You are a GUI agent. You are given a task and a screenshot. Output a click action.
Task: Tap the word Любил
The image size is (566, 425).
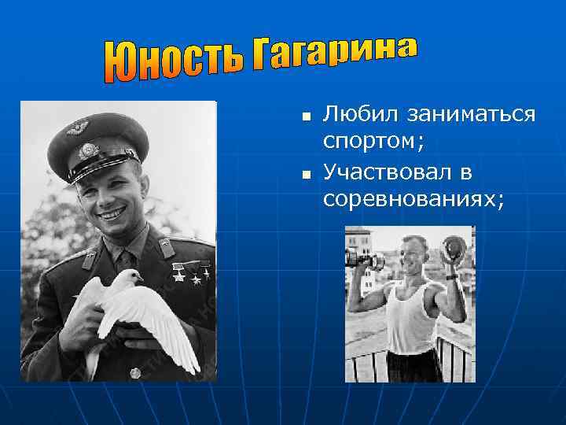click(x=358, y=115)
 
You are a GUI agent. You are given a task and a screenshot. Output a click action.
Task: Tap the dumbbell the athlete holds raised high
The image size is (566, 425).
click(x=454, y=252)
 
